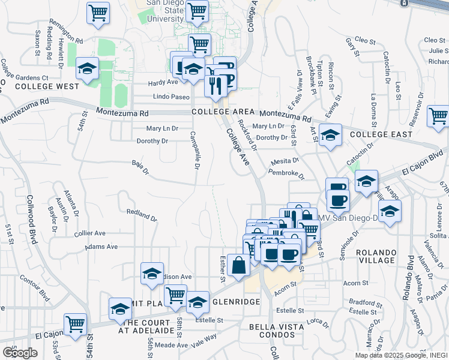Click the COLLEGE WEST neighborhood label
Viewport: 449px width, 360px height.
coord(39,86)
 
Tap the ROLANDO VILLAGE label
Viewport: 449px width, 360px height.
coord(376,256)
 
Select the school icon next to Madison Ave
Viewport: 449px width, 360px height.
coord(152,273)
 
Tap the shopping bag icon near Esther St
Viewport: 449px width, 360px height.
coord(238,265)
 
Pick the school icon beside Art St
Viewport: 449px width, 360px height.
coord(330,135)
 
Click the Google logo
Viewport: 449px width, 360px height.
coord(20,353)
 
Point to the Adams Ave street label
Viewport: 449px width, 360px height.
coord(101,247)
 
